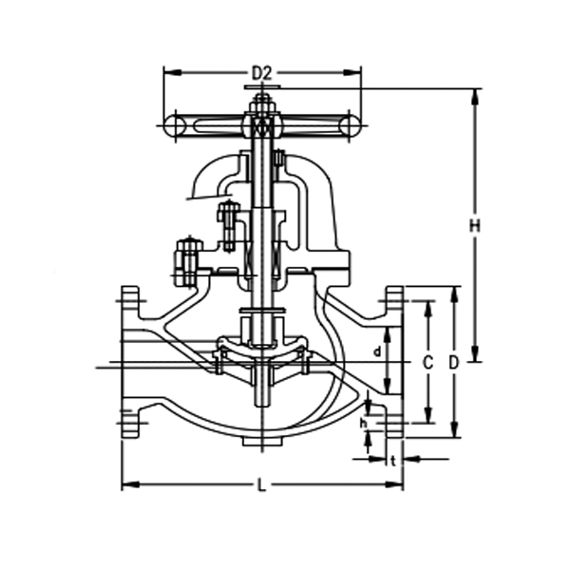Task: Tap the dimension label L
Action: tap(262, 485)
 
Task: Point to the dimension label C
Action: tap(428, 362)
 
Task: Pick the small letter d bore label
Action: tap(377, 351)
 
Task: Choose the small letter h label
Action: tap(364, 422)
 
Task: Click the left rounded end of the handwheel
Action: tap(172, 124)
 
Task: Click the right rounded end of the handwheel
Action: tap(351, 124)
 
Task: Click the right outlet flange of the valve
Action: tap(393, 361)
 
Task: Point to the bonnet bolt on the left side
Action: tap(187, 260)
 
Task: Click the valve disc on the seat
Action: tap(261, 344)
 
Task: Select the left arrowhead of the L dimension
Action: tap(127, 485)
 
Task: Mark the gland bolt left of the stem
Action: tap(227, 222)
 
